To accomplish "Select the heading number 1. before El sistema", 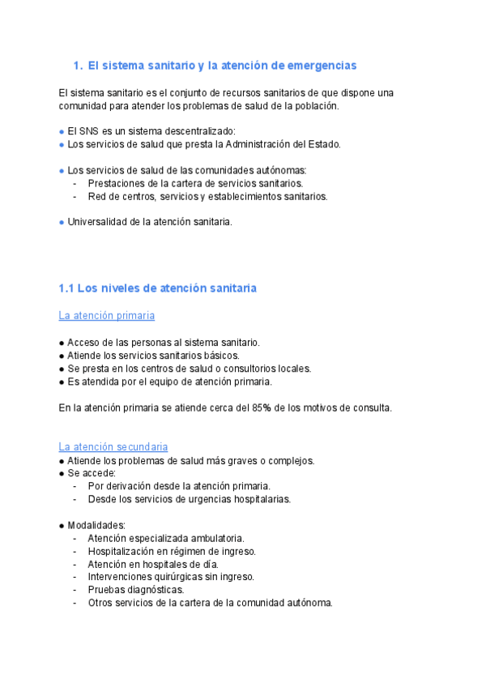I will [x=78, y=65].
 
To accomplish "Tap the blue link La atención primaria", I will [x=107, y=315].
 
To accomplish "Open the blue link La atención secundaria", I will [x=113, y=446].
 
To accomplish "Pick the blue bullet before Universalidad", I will [x=62, y=222].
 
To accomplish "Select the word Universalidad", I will [x=99, y=222].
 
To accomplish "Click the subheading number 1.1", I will [x=66, y=288].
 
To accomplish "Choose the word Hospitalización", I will [x=124, y=551].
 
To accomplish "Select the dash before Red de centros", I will [x=75, y=196].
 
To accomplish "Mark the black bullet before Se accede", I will [x=62, y=473].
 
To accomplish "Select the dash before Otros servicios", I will [x=75, y=603].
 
